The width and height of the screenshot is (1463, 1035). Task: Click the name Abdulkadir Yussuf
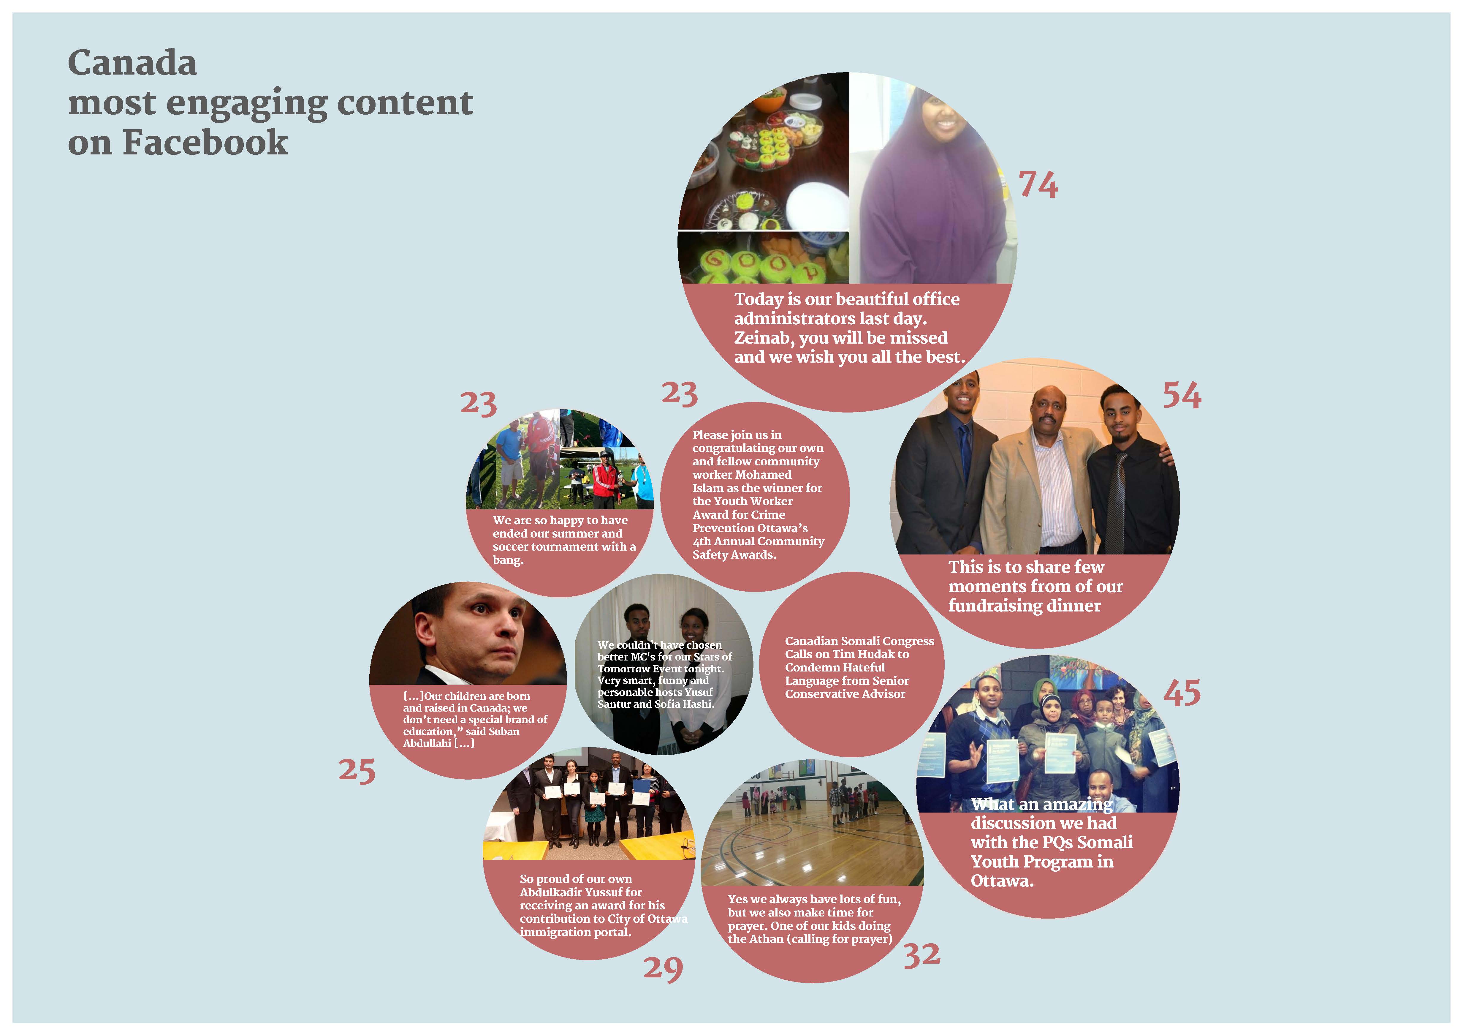coord(580,892)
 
